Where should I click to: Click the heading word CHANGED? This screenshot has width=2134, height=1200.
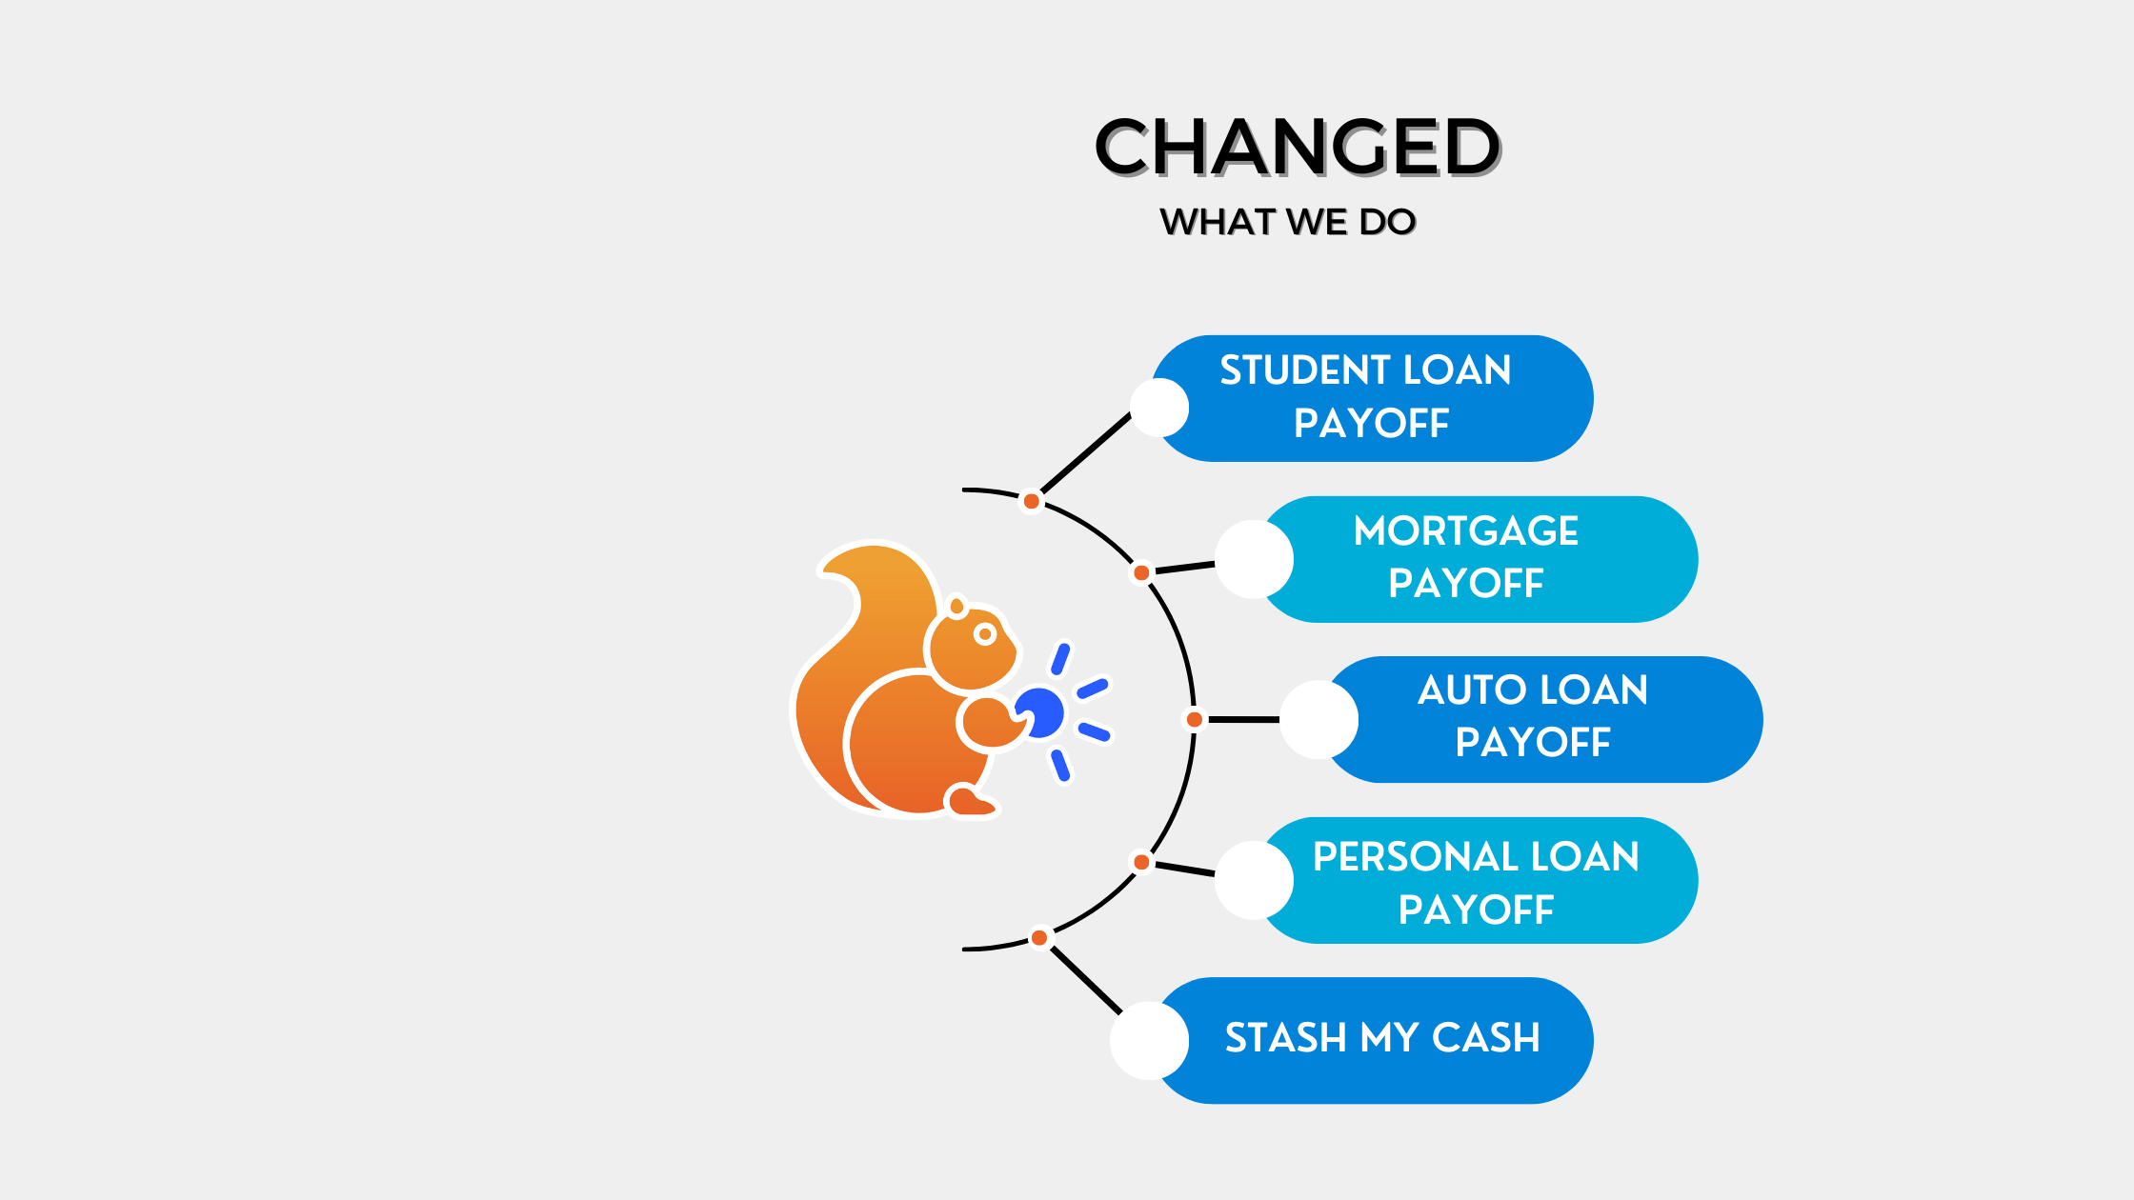click(x=1298, y=147)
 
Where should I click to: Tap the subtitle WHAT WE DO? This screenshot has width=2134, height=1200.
click(x=1288, y=222)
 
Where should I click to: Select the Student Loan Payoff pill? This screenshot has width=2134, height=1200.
click(x=1372, y=398)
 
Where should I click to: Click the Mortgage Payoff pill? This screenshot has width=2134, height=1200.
click(x=1477, y=559)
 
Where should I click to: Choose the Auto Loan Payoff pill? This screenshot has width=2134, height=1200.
click(x=1541, y=719)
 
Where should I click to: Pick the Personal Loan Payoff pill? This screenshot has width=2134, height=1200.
click(x=1477, y=880)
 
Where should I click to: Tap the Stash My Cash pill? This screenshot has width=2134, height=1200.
click(x=1372, y=1040)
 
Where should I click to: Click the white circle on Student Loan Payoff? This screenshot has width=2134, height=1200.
click(x=1159, y=408)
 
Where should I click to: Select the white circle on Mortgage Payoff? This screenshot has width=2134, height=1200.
click(x=1254, y=559)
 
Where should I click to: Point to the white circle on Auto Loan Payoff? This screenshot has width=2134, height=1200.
click(x=1319, y=719)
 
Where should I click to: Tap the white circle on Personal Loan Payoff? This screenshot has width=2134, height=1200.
click(x=1254, y=880)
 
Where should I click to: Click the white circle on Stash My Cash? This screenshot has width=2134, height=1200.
click(x=1149, y=1040)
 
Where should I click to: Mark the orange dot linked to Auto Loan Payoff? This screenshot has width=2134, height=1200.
click(x=1194, y=719)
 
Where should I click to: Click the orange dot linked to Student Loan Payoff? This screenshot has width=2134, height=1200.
click(x=1031, y=501)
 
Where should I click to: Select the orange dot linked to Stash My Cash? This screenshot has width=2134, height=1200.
click(x=1039, y=938)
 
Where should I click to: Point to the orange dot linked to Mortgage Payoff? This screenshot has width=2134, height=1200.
click(x=1141, y=573)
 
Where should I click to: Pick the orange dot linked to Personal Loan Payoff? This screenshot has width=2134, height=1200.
click(x=1141, y=863)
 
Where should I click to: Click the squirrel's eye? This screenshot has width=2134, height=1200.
click(x=985, y=634)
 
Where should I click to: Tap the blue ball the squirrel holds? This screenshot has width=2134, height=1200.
click(x=1040, y=712)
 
